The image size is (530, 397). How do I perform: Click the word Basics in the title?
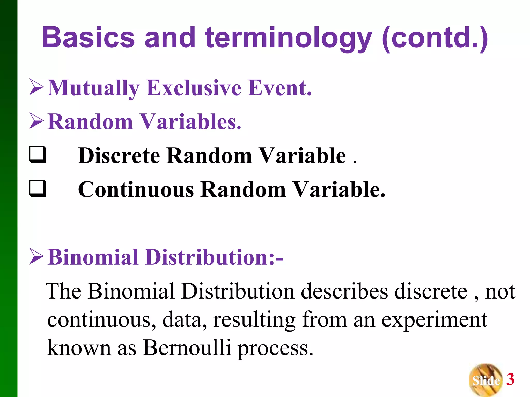(88, 37)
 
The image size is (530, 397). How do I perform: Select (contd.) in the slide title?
(435, 39)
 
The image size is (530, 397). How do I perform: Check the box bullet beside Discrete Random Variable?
(38, 155)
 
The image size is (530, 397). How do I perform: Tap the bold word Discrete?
(119, 156)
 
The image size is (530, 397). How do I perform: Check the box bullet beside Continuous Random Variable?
(38, 188)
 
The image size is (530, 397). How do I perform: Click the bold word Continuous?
(136, 189)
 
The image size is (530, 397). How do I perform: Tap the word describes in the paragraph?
(344, 291)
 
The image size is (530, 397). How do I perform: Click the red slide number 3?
(510, 379)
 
